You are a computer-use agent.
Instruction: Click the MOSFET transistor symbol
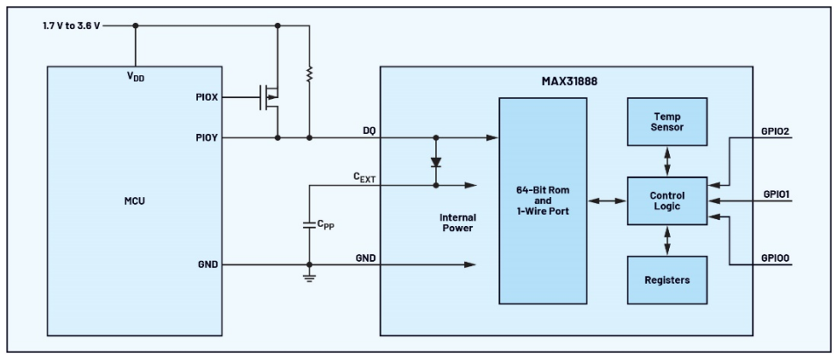coord(270,97)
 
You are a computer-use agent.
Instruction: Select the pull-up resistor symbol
coord(309,74)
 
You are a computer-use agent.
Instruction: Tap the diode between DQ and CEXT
coord(435,161)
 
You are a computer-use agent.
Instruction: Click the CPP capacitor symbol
coord(309,224)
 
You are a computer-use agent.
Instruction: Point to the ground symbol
coord(309,279)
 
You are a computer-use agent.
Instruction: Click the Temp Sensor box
coord(667,122)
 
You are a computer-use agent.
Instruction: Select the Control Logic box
coord(667,201)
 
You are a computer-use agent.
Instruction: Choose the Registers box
coord(667,280)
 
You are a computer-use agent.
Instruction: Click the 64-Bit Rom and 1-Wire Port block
coord(543,201)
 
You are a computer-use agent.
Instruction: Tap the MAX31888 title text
coord(569,81)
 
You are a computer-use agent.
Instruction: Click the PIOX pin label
coord(207,97)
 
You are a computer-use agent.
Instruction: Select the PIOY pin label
coord(207,138)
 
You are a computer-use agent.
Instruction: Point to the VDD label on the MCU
coord(135,76)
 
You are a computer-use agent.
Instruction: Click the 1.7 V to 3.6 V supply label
coord(71,25)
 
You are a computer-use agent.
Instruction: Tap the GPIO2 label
coord(776,131)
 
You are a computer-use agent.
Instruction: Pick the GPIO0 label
coord(776,258)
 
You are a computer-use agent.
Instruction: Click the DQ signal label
coord(369,131)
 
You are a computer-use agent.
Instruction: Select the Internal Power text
coord(457,222)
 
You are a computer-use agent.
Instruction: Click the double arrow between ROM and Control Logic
coord(607,201)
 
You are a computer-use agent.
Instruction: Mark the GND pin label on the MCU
coord(208,265)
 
